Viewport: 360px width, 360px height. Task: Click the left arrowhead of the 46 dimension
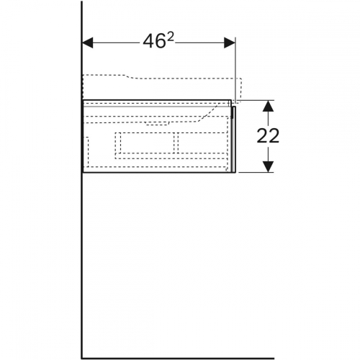coord(88,42)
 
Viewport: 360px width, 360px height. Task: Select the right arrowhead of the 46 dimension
coord(230,42)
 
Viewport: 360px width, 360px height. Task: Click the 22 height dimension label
coord(268,136)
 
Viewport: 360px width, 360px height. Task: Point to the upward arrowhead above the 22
coord(268,106)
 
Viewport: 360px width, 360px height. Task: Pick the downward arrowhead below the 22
coord(268,166)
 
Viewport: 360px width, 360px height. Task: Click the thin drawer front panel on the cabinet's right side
coord(234,139)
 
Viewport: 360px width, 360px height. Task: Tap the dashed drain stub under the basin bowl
coord(157,124)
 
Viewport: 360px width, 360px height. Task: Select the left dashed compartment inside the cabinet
coord(145,143)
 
